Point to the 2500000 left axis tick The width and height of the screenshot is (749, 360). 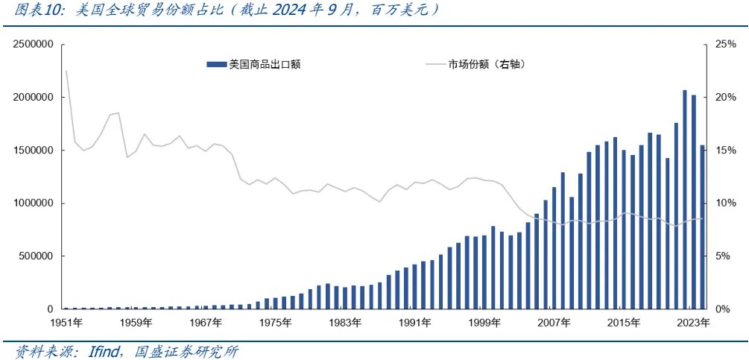tap(31, 45)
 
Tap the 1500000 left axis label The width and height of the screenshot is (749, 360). tap(31, 151)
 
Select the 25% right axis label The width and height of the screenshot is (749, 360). tap(725, 45)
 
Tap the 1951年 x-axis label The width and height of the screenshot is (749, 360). tap(66, 323)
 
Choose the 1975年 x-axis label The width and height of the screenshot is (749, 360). tap(276, 323)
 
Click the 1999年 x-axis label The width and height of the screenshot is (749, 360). tap(486, 323)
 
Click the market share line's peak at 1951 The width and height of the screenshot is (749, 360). tap(66, 71)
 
